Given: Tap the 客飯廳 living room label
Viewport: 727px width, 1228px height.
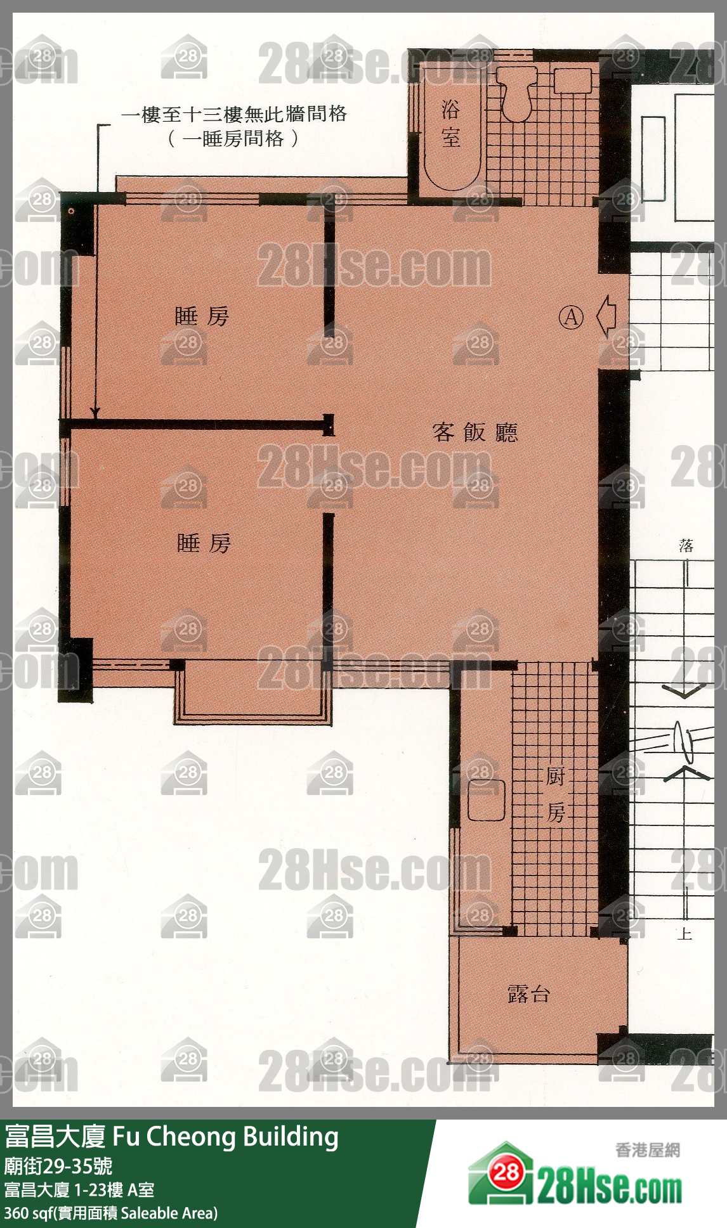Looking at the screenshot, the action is click(475, 432).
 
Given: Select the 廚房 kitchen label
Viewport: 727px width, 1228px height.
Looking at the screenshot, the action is click(556, 794).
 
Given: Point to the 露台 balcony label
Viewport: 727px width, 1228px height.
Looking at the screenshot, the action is click(528, 993).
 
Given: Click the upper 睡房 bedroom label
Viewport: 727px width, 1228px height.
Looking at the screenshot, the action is click(202, 316).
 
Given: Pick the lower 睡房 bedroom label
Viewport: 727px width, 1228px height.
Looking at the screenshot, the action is click(204, 543).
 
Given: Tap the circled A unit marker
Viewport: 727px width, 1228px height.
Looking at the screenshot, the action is click(571, 316).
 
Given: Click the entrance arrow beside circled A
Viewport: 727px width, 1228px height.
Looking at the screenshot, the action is click(607, 316).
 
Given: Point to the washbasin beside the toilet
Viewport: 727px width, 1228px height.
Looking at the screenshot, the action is click(573, 81).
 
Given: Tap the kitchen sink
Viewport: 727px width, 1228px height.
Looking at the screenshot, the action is click(487, 800).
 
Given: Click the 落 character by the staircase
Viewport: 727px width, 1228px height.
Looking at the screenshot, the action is click(686, 546).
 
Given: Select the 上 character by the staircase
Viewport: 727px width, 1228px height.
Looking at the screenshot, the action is click(684, 933).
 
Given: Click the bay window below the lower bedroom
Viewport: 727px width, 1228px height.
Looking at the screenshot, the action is click(253, 692).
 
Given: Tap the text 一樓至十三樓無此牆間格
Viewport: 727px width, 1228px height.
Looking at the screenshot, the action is click(234, 114).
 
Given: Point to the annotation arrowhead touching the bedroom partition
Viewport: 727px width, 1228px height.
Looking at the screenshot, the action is click(95, 412).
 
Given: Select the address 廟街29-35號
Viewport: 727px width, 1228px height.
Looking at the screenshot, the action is click(58, 1165).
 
